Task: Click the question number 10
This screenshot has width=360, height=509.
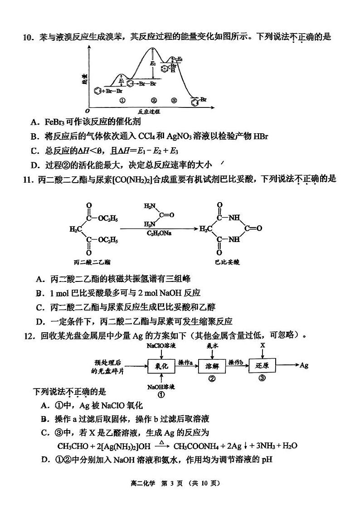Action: [28, 37]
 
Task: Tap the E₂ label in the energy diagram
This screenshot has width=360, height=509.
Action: [153, 63]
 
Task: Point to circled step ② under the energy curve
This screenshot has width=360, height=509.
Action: [154, 100]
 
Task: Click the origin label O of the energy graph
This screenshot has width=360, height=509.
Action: [87, 111]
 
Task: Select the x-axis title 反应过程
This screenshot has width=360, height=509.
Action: [150, 111]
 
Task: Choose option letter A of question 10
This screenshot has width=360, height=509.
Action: [34, 122]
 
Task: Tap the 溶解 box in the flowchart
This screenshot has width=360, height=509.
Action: [212, 365]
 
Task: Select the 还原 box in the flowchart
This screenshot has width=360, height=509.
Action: [263, 365]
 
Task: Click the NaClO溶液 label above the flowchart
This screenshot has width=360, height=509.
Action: [161, 346]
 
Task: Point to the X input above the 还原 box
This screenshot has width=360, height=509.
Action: [263, 346]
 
